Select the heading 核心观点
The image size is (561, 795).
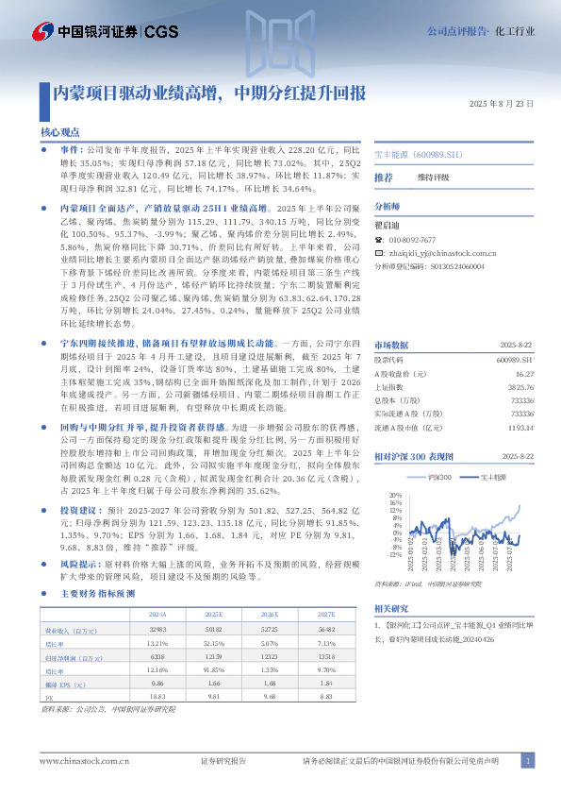coord(60,133)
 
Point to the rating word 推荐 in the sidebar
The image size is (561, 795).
coord(384,178)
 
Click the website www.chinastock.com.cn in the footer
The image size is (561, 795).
coord(77,760)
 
